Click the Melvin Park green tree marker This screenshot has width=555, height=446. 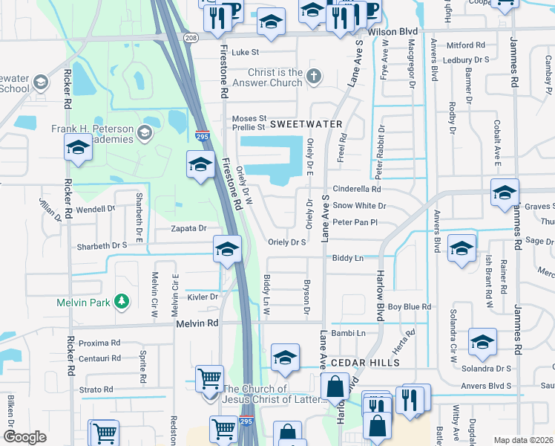(x=121, y=302)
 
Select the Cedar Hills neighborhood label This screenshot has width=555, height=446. (x=365, y=362)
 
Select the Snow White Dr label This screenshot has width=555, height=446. (x=360, y=205)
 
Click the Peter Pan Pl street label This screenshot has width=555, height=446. (x=355, y=222)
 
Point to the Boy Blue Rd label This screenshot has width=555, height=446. (x=409, y=306)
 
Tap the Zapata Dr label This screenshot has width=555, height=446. (x=188, y=229)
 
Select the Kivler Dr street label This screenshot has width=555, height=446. (x=203, y=297)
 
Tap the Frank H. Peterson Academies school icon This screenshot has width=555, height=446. (x=145, y=133)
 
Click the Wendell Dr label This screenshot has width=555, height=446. (x=96, y=210)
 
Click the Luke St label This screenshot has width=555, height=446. (x=245, y=53)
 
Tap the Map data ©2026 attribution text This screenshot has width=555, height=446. (x=523, y=440)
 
